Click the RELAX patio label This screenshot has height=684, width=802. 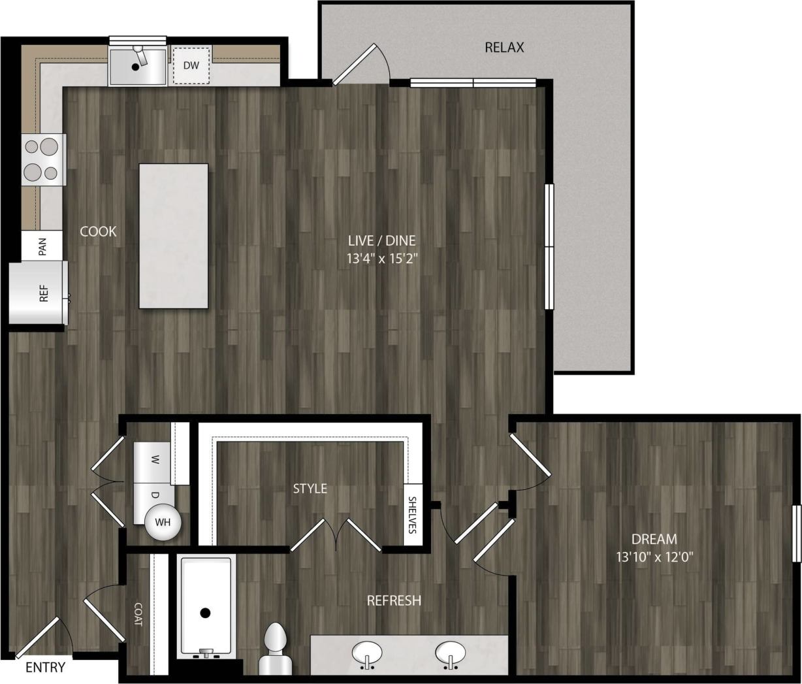(x=504, y=48)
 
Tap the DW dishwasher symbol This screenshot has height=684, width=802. (x=191, y=65)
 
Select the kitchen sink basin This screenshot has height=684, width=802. (x=136, y=65)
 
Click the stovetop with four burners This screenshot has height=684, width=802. (x=43, y=159)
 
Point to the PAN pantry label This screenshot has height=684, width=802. (x=42, y=246)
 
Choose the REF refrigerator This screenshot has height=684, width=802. (x=39, y=293)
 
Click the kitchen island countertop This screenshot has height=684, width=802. (x=174, y=236)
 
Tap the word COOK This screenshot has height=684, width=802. (x=99, y=231)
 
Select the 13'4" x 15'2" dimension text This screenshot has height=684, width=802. (x=382, y=258)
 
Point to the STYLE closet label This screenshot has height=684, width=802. (x=310, y=489)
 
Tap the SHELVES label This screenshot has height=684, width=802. (x=412, y=515)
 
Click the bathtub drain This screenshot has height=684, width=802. (x=205, y=613)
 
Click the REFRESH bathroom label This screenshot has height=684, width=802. (x=394, y=600)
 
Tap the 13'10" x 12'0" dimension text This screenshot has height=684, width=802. (x=654, y=557)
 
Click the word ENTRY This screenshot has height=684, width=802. (x=46, y=668)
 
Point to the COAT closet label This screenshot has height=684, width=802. (x=138, y=615)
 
